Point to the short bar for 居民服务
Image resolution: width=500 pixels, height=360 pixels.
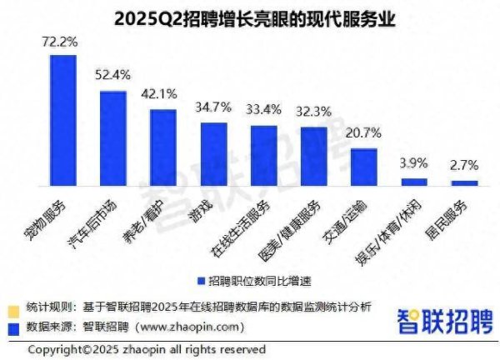[x=465, y=182]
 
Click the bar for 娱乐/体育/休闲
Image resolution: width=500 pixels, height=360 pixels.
[x=414, y=181]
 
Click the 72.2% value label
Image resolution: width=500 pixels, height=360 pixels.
[x=60, y=41]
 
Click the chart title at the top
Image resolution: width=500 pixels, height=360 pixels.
[x=250, y=16]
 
